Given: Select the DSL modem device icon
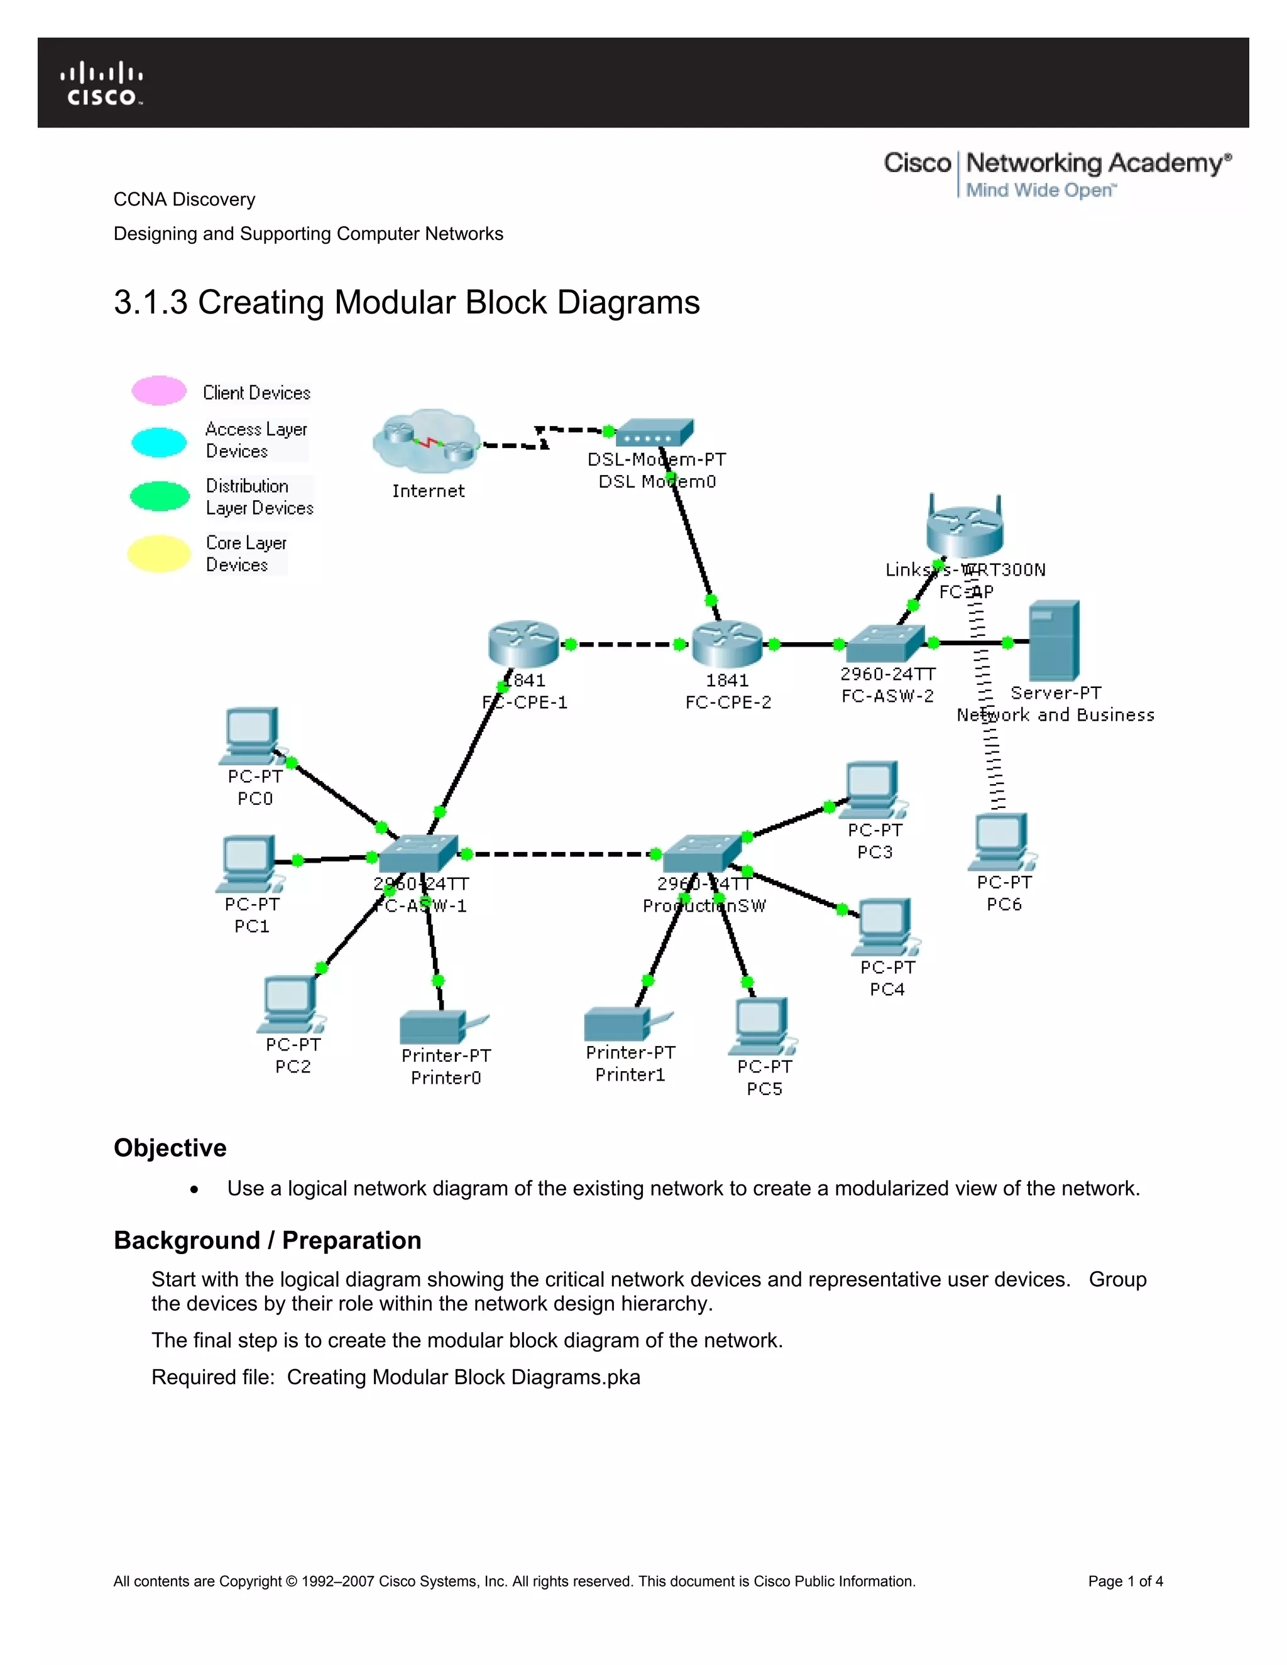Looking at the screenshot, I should coord(654,433).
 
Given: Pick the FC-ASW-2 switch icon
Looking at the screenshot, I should coord(884,643).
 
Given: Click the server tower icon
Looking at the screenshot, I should coord(1054,640).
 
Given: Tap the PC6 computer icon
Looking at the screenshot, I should coord(1001,842).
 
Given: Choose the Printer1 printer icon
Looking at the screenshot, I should coord(619,1024).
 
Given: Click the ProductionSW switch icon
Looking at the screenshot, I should coord(701,854).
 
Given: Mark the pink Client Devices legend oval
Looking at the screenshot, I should coord(158,390).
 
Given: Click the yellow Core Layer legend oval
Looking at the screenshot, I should coord(158,554).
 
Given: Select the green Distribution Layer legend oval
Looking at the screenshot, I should coord(160,496).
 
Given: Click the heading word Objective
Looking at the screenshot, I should coord(170,1147).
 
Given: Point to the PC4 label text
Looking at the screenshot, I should coord(887,989).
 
